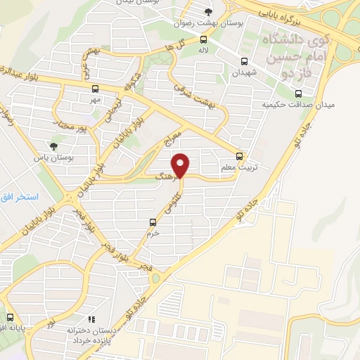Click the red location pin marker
point(181,165)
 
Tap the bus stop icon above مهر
point(96,89)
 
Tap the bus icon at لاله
point(203,40)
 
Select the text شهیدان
point(245,72)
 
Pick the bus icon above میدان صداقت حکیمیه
point(298,93)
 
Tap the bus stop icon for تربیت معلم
point(240,156)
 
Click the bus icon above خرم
point(153,222)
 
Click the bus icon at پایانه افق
point(8,316)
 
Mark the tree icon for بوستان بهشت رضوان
point(207,12)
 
